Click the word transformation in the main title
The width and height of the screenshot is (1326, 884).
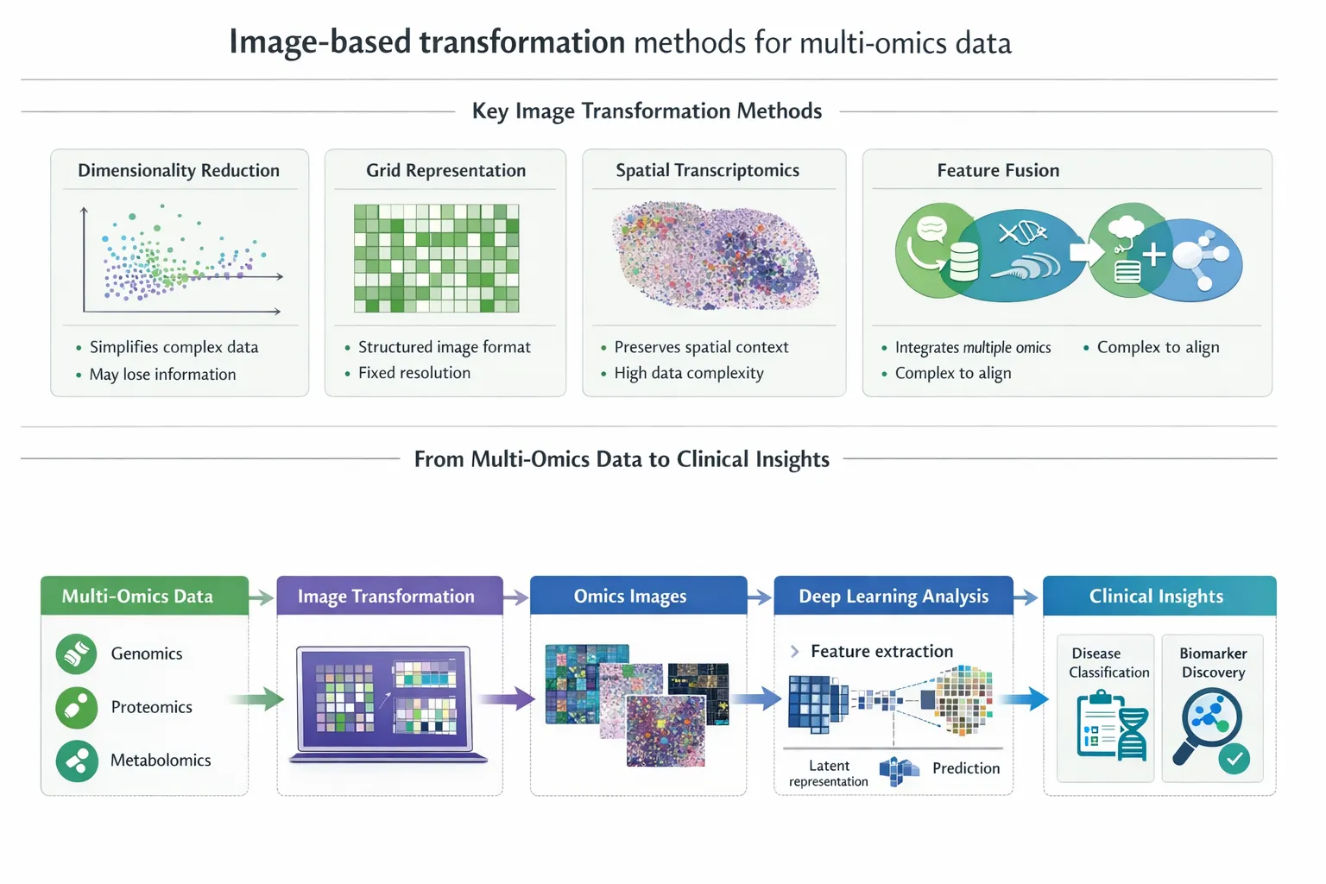tap(522, 42)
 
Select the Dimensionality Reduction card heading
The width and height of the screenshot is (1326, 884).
tap(179, 170)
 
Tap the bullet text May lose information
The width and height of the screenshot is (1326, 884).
tap(162, 374)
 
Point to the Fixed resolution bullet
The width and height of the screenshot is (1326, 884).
tap(414, 373)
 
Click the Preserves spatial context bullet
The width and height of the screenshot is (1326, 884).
tap(701, 347)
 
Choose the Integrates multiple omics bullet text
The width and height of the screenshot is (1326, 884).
tap(973, 347)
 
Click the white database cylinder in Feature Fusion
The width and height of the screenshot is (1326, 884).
tap(963, 262)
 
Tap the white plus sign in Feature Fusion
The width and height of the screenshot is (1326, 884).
tap(1153, 254)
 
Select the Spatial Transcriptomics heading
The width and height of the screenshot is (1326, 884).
tap(707, 170)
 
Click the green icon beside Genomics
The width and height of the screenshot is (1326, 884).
tap(77, 654)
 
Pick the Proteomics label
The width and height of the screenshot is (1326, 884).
tap(152, 707)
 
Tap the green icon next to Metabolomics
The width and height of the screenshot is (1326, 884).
tap(77, 761)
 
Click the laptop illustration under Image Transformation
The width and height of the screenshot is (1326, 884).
tap(387, 704)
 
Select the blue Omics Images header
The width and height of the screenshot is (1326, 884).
tap(638, 596)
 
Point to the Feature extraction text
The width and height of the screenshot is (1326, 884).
tap(881, 651)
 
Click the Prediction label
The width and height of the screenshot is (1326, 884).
tap(966, 768)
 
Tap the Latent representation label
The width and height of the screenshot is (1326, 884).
tap(829, 773)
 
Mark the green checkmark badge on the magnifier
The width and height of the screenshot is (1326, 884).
tap(1234, 759)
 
